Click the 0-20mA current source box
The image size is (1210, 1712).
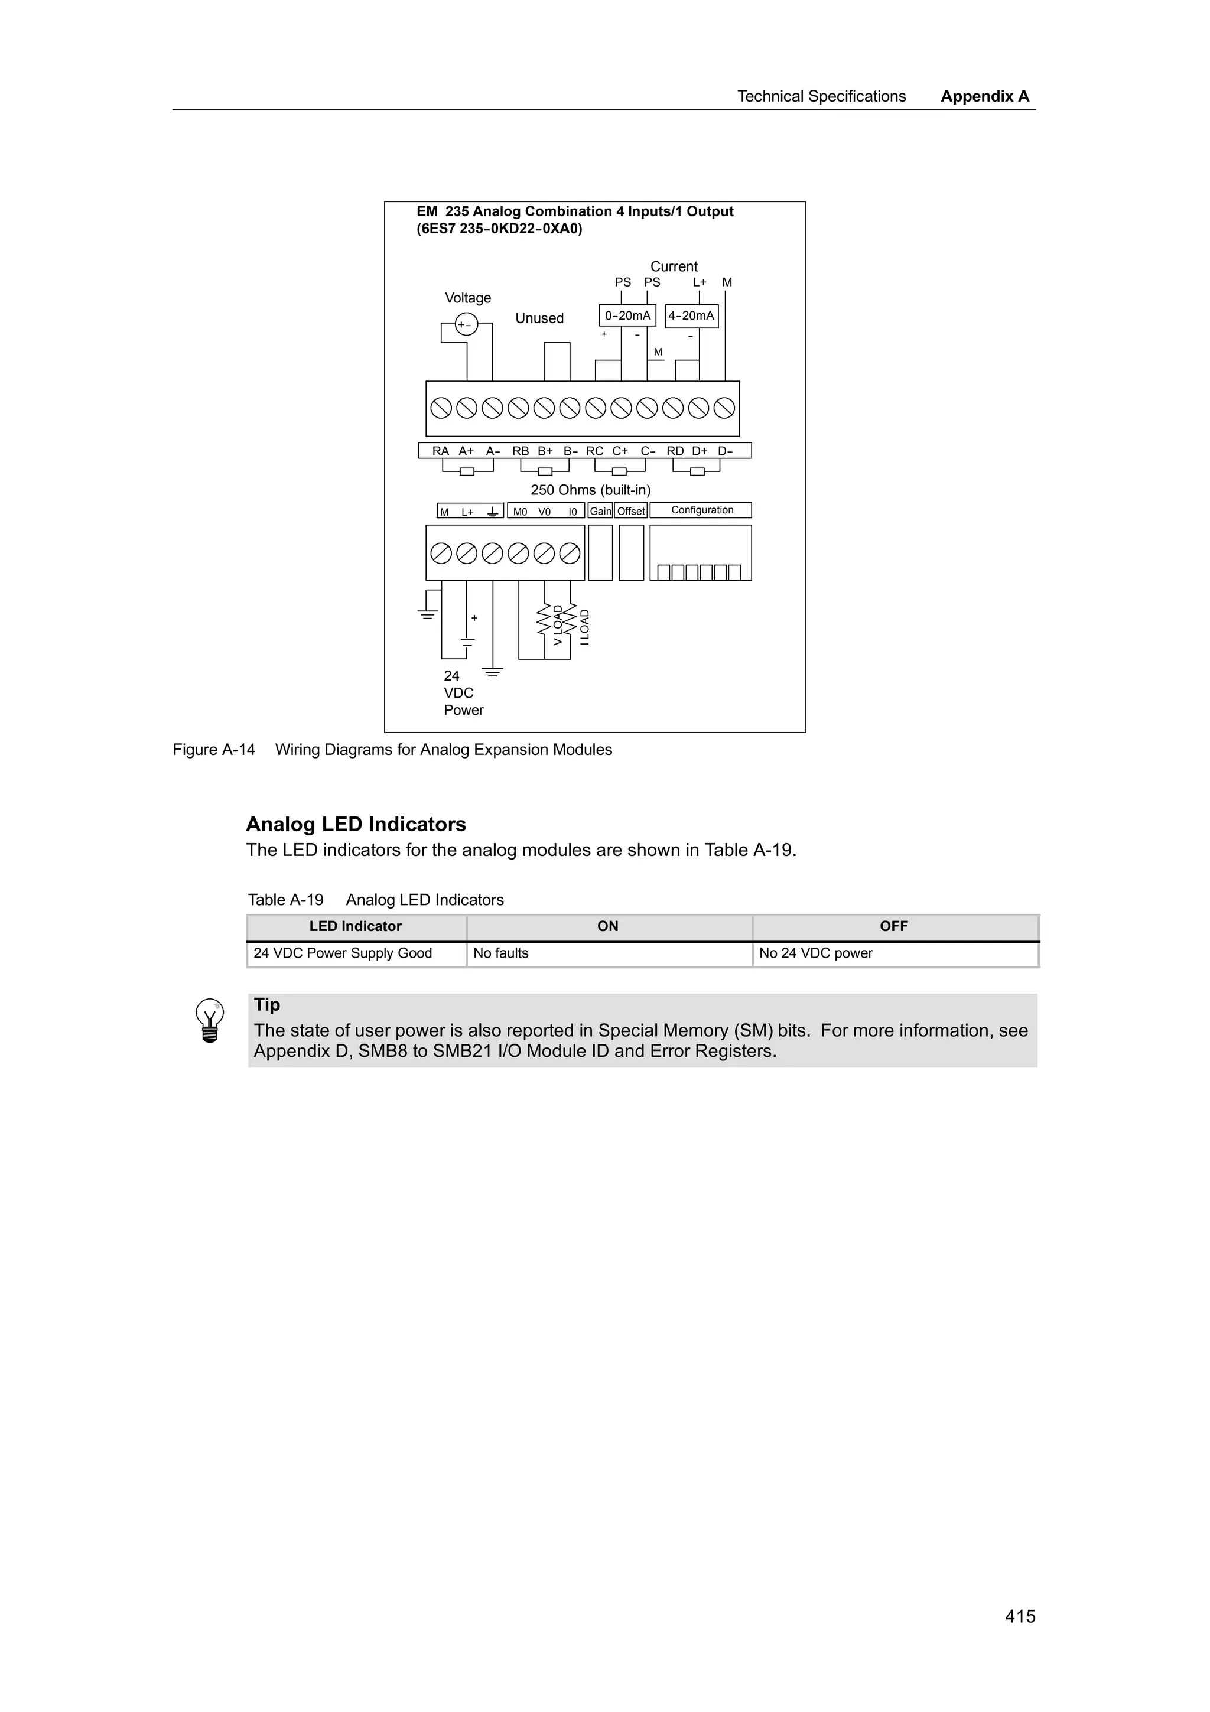(x=627, y=315)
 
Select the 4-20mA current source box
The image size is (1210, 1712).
(x=691, y=315)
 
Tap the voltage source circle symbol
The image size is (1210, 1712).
(x=466, y=324)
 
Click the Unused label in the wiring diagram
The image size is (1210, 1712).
(x=539, y=318)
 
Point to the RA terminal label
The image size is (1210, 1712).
(x=441, y=451)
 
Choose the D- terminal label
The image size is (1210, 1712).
(x=726, y=451)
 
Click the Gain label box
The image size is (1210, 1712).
(x=600, y=511)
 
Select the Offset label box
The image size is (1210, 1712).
(x=631, y=511)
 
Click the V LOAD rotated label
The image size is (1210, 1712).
(x=558, y=625)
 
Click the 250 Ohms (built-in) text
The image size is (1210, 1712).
(x=590, y=490)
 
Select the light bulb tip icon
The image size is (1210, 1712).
(x=210, y=1020)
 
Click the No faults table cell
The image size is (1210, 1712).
(x=501, y=953)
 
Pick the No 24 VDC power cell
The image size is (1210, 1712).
(x=815, y=953)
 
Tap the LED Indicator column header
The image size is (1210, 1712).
(x=356, y=926)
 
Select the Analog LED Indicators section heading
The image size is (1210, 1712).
(x=356, y=824)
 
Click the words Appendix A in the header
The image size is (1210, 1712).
(x=985, y=96)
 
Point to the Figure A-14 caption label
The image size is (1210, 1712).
(x=214, y=750)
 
